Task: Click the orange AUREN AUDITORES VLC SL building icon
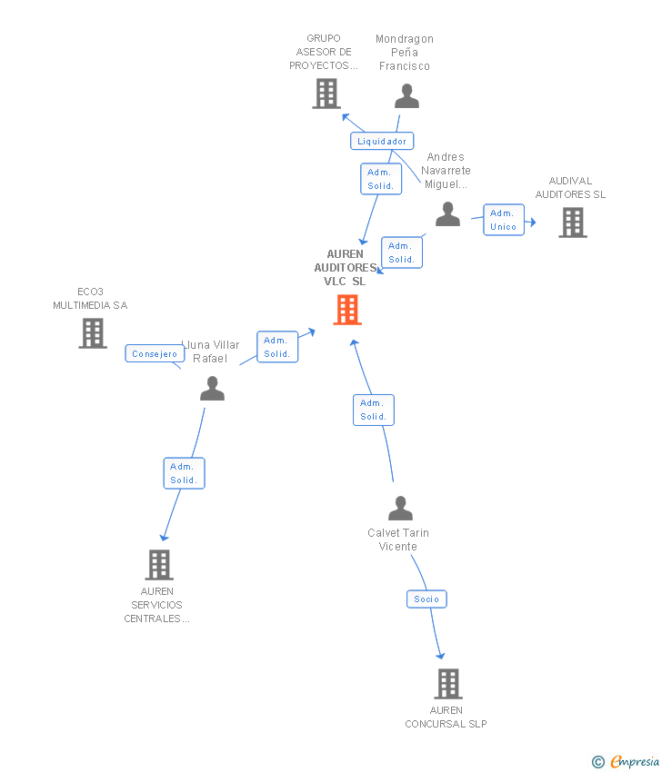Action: (x=347, y=310)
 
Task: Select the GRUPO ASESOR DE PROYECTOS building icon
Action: (x=326, y=94)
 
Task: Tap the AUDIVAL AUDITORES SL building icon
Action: (x=572, y=223)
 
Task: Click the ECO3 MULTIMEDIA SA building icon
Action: (x=92, y=333)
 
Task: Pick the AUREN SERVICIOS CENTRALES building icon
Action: (x=158, y=565)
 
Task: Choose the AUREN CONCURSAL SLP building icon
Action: (x=447, y=684)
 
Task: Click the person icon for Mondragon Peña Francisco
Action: (x=406, y=96)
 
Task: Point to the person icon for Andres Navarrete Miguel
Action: (x=447, y=214)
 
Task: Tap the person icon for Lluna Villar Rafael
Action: (x=212, y=389)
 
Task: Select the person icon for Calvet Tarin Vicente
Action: (x=400, y=509)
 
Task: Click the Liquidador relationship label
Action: (x=382, y=141)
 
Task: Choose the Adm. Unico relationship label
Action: (x=503, y=220)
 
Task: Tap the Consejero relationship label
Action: (x=155, y=354)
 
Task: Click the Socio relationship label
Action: (x=426, y=599)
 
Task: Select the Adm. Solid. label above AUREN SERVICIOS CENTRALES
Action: (x=184, y=473)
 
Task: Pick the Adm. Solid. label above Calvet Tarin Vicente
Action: (x=373, y=410)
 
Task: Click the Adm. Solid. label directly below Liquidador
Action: (x=380, y=179)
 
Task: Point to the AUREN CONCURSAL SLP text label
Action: (x=446, y=717)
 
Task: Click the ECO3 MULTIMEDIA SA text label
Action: (x=90, y=298)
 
